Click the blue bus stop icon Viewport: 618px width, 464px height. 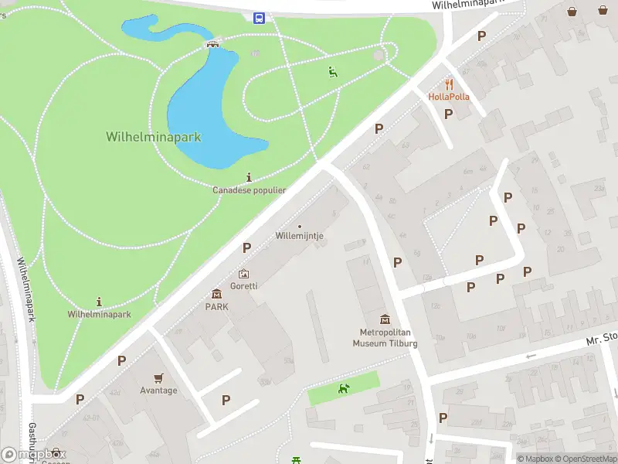point(259,18)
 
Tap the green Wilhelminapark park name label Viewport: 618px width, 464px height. point(153,137)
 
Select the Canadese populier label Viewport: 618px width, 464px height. point(250,189)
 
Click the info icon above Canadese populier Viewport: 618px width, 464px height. point(249,177)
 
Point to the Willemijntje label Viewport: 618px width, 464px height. point(299,236)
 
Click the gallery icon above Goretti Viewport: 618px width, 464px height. point(244,274)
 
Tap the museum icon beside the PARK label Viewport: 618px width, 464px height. point(216,294)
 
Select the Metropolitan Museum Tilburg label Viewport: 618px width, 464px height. point(385,338)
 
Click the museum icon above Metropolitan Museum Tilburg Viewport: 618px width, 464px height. point(385,319)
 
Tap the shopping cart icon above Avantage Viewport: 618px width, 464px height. point(158,378)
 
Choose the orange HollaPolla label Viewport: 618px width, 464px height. point(449,97)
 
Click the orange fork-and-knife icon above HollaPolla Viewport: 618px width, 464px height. point(449,84)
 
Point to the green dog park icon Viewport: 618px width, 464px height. point(344,388)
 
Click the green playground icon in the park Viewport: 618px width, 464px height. point(332,72)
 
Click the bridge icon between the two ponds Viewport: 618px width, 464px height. point(212,43)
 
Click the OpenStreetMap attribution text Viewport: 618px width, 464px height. point(585,459)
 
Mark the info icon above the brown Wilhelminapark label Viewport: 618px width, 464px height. point(99,302)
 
